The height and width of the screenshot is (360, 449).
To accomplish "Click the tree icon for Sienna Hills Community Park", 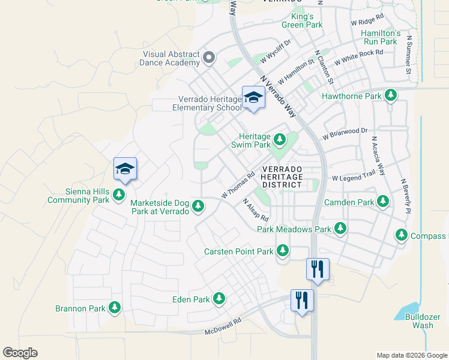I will tap(119, 194).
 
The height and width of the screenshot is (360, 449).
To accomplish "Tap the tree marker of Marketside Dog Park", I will tap(198, 207).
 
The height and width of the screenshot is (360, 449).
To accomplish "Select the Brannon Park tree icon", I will tap(114, 308).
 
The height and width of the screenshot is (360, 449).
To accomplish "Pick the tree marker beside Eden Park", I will tap(219, 298).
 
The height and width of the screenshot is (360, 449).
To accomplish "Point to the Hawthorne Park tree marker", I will tap(391, 95).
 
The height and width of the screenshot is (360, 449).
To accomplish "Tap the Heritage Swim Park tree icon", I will tap(279, 140).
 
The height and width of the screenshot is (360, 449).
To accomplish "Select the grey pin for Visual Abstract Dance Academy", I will tap(209, 58).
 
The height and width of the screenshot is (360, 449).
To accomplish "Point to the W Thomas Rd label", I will tap(238, 186).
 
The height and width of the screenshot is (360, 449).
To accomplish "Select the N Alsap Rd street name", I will tap(255, 209).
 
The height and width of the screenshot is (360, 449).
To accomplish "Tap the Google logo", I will tap(20, 353).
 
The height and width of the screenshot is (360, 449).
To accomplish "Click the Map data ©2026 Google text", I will tap(411, 355).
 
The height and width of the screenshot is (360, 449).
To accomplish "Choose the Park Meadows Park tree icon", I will tap(340, 229).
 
